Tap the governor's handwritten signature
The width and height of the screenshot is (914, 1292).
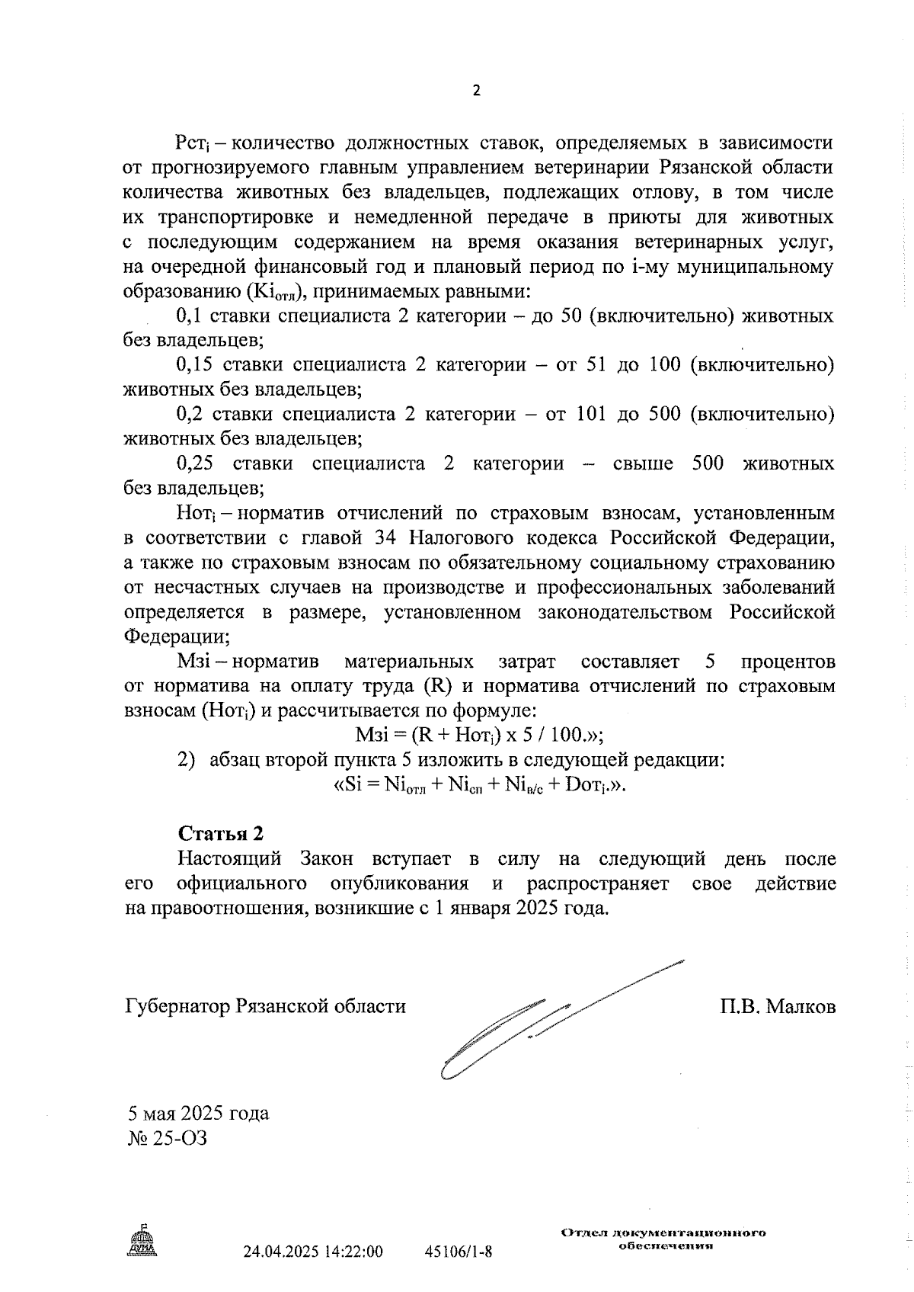[x=533, y=1021]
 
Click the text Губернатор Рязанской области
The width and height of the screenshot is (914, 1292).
[x=264, y=1007]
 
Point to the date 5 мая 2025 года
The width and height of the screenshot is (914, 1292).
[x=197, y=1114]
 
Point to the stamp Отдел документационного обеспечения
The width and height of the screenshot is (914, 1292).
[x=663, y=1239]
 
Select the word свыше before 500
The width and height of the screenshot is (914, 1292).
[x=642, y=463]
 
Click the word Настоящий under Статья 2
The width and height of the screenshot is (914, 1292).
[x=229, y=859]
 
